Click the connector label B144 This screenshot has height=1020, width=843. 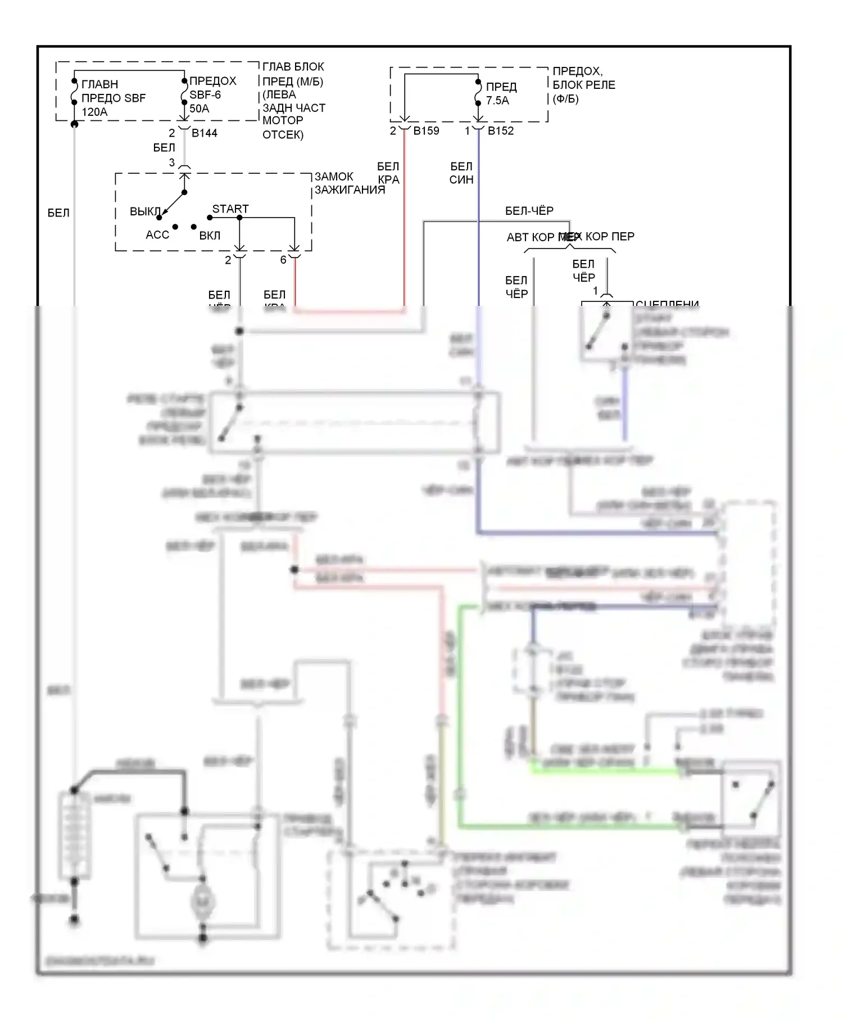click(x=205, y=133)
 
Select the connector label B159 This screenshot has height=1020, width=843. click(x=426, y=131)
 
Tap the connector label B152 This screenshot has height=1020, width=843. click(x=501, y=131)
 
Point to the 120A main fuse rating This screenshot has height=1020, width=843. click(x=94, y=112)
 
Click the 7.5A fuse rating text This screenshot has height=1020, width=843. click(x=497, y=101)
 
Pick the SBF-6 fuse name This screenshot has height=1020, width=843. click(x=205, y=95)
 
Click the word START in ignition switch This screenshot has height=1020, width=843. click(x=230, y=209)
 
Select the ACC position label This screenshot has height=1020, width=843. click(x=157, y=235)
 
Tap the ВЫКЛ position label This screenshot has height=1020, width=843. click(x=145, y=212)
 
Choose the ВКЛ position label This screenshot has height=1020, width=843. click(x=210, y=236)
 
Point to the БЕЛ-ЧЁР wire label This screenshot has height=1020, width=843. click(x=529, y=211)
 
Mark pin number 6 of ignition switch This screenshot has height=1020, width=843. click(x=283, y=260)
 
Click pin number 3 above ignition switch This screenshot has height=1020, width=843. click(x=172, y=163)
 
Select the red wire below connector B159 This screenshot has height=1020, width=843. click(x=404, y=225)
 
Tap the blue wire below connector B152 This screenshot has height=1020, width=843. click(x=478, y=225)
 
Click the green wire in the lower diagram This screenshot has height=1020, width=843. click(x=460, y=731)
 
